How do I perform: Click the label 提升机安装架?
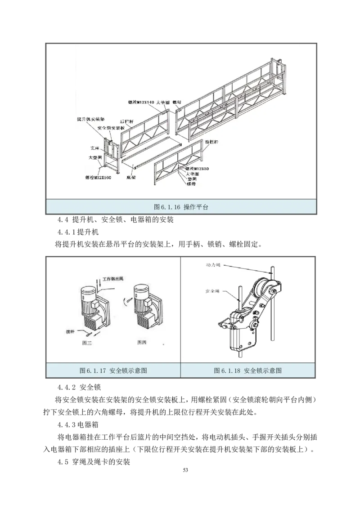[x=91, y=120]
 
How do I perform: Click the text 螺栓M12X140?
[x=140, y=103]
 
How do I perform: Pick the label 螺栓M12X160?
[x=98, y=177]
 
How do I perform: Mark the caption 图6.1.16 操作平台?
[x=180, y=207]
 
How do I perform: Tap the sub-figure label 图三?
[x=87, y=342]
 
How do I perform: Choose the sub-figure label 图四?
[x=142, y=342]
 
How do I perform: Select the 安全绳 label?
[x=212, y=290]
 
